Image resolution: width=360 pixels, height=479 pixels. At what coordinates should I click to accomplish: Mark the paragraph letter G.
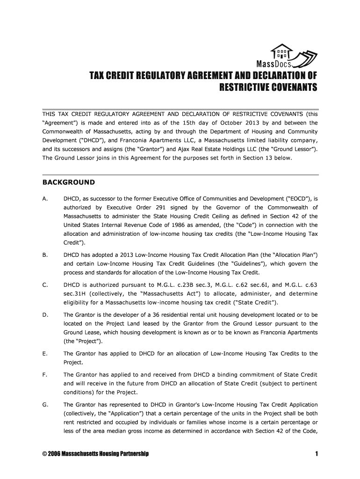(44, 405)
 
